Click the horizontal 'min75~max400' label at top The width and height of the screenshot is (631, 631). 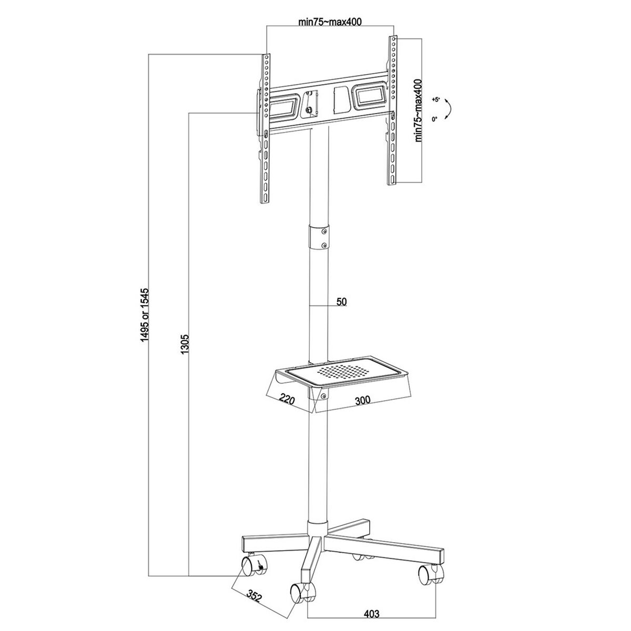[330, 22]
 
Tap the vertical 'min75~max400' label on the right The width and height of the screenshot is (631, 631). [419, 111]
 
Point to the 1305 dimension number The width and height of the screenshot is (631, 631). [185, 344]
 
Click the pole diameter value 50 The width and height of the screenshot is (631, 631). [341, 301]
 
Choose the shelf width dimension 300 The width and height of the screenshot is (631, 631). [362, 401]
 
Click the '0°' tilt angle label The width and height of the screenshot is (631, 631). [435, 119]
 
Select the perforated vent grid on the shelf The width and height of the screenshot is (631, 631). [344, 371]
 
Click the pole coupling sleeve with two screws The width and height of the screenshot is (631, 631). [319, 237]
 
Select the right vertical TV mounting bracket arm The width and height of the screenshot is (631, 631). [392, 110]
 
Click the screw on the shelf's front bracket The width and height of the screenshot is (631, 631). [323, 396]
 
